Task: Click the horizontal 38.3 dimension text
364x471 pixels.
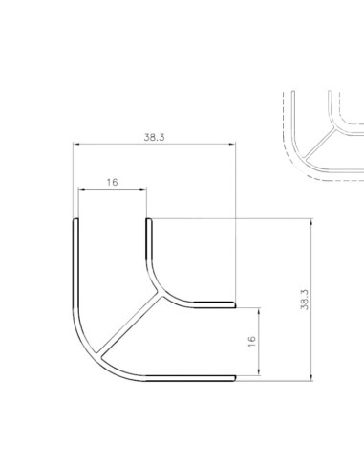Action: click(155, 137)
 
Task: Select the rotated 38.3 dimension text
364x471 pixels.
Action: click(305, 300)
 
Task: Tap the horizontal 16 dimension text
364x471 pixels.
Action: click(112, 182)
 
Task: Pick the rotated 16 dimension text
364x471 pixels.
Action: click(251, 342)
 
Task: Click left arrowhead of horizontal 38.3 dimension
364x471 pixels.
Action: click(76, 144)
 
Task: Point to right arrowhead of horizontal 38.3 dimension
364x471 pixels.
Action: click(232, 144)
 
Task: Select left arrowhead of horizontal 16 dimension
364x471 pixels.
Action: click(81, 190)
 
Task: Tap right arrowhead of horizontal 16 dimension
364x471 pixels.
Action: click(143, 190)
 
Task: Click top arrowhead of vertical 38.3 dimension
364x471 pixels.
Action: click(311, 222)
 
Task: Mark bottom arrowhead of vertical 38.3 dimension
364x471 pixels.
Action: click(311, 377)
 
